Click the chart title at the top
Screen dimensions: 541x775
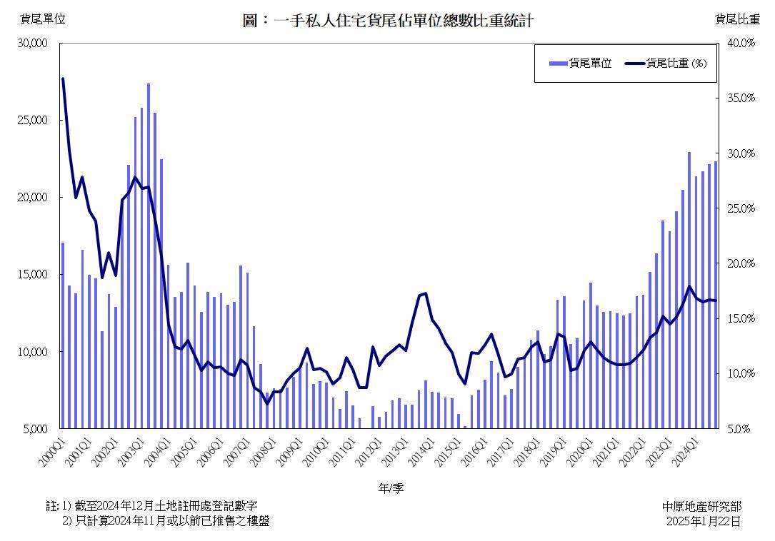pos(388,21)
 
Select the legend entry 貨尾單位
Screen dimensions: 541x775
pos(581,63)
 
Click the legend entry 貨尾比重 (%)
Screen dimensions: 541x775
pos(666,63)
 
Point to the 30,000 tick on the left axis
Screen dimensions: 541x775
pos(32,44)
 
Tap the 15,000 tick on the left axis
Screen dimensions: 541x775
pos(32,275)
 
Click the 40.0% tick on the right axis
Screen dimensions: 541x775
pos(741,44)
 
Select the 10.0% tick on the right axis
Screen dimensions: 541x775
pos(741,374)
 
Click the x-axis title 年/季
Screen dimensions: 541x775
pos(391,488)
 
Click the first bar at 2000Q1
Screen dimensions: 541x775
pos(63,335)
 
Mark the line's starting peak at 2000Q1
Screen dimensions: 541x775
pos(63,79)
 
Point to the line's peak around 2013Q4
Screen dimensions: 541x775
pos(426,293)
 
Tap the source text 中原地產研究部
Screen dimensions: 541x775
pos(701,506)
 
